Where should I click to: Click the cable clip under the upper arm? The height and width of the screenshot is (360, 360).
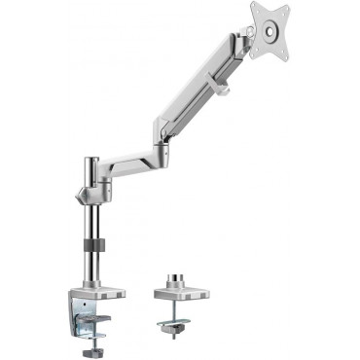click(x=221, y=92)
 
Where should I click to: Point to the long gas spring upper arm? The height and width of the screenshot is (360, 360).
click(x=199, y=88)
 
